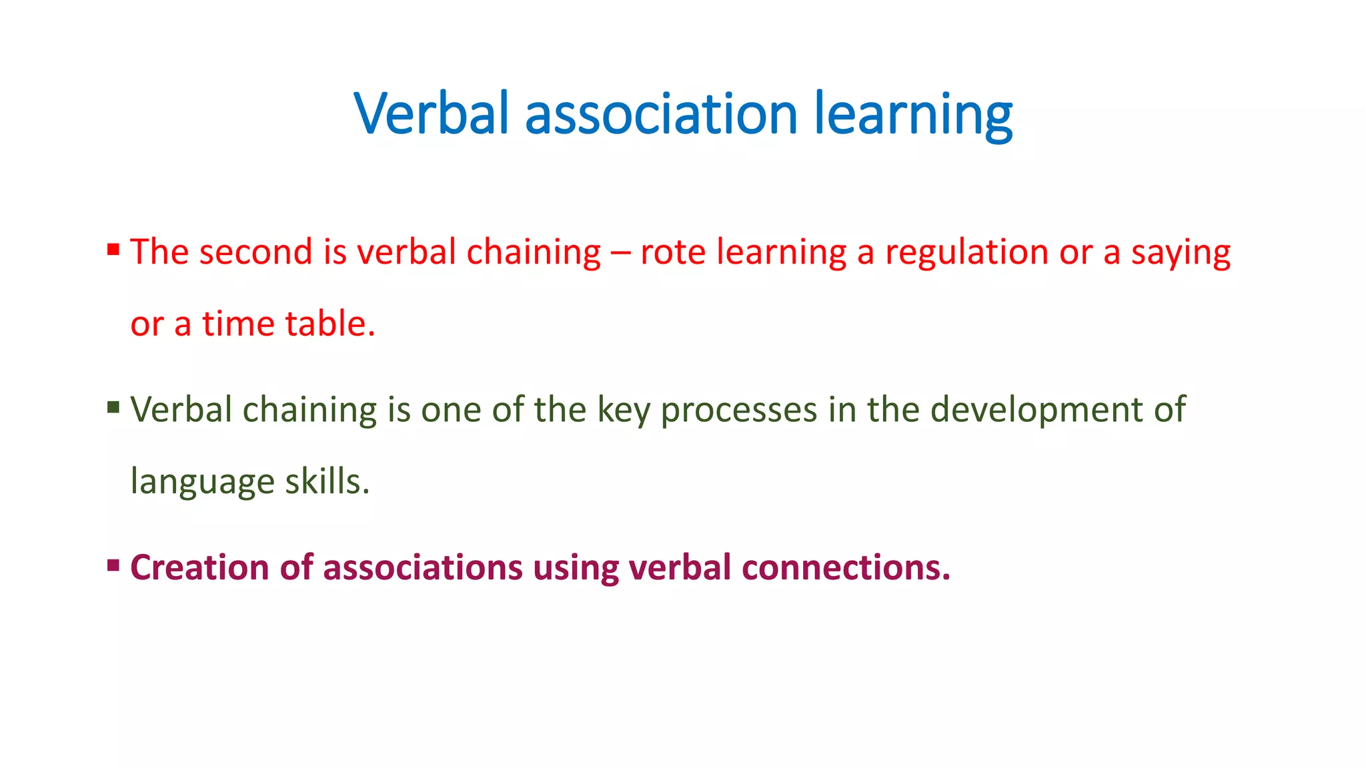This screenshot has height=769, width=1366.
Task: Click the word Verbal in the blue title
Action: [x=432, y=113]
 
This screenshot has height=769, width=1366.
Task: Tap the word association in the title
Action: [x=661, y=113]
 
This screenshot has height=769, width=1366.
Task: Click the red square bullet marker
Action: [x=113, y=250]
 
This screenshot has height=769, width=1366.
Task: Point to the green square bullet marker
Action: [x=113, y=407]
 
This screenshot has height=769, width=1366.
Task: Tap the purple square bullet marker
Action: [x=113, y=565]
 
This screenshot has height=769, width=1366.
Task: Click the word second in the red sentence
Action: [x=255, y=252]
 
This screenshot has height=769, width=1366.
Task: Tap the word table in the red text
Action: [x=329, y=324]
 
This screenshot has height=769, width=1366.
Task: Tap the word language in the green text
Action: [x=202, y=483]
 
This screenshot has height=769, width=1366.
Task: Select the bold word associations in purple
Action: [x=423, y=567]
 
